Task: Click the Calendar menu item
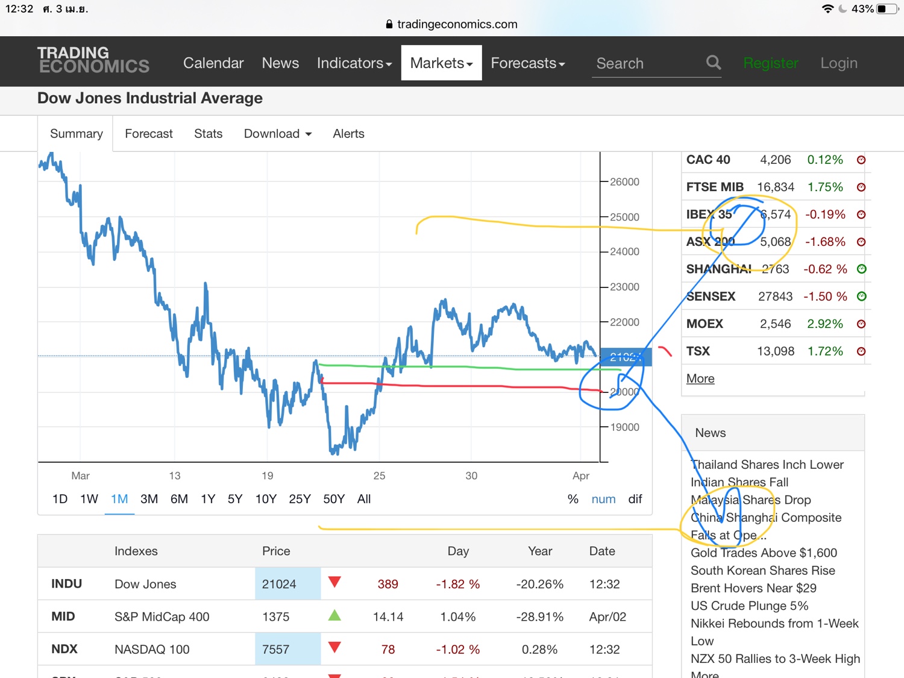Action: tap(213, 63)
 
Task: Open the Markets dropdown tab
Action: tap(441, 63)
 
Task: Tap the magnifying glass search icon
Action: tap(714, 63)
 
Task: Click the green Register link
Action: tap(770, 63)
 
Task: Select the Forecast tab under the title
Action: tap(148, 134)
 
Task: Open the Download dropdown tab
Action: tap(277, 134)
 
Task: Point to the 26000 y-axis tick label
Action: tap(624, 182)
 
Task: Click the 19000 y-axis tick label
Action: tap(624, 427)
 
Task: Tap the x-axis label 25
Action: tap(379, 476)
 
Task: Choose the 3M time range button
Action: tap(149, 499)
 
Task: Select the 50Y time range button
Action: tap(334, 499)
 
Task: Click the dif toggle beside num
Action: tap(635, 499)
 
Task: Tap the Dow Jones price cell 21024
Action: tap(279, 584)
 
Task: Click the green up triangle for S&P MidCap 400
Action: tap(334, 615)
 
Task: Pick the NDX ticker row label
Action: tap(64, 649)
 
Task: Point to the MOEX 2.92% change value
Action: tap(825, 324)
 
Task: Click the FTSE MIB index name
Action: tap(715, 187)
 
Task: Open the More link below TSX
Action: tap(700, 378)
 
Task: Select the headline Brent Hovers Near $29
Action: tap(753, 588)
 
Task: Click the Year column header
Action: tap(540, 551)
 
